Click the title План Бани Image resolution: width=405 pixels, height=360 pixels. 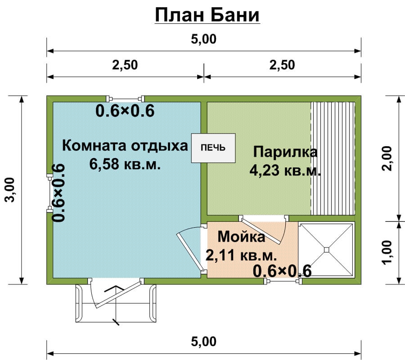207,15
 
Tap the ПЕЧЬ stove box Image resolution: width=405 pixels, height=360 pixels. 213,148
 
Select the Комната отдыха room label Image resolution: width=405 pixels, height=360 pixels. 125,146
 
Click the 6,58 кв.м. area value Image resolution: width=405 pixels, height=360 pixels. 125,164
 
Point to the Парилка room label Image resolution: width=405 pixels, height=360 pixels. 285,152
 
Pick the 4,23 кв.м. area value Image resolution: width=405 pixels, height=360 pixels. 285,170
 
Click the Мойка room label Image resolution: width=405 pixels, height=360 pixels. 241,237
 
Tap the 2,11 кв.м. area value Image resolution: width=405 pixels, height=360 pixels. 241,255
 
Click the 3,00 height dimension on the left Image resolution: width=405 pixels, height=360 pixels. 11,190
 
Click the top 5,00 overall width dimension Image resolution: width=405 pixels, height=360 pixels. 203,39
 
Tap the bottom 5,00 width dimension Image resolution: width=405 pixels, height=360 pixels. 203,342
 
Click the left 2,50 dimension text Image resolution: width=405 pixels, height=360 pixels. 125,65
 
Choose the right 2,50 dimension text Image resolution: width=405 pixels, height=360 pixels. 282,65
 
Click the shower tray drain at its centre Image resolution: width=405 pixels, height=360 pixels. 327,250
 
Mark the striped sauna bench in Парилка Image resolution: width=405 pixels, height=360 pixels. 333,158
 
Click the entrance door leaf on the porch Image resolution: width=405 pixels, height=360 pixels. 118,294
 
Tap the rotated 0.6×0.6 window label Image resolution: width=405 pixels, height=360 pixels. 58,193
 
